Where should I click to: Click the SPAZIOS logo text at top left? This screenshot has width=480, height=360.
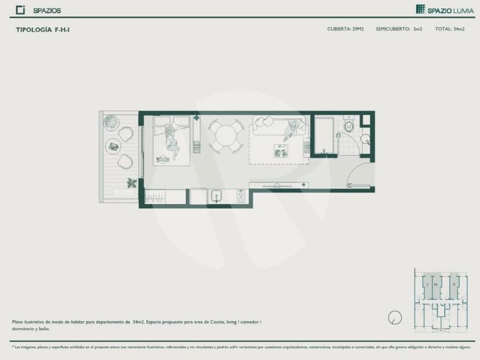(x=46, y=10)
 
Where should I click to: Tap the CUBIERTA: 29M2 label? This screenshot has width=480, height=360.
(x=345, y=28)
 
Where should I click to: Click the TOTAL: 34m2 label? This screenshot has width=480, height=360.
(x=449, y=28)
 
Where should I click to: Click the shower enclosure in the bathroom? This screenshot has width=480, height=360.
(x=325, y=134)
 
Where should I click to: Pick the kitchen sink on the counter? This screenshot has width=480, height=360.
(x=217, y=197)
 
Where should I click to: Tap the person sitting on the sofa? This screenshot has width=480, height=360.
(x=293, y=129)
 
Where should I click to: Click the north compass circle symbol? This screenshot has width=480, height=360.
(x=395, y=317)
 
